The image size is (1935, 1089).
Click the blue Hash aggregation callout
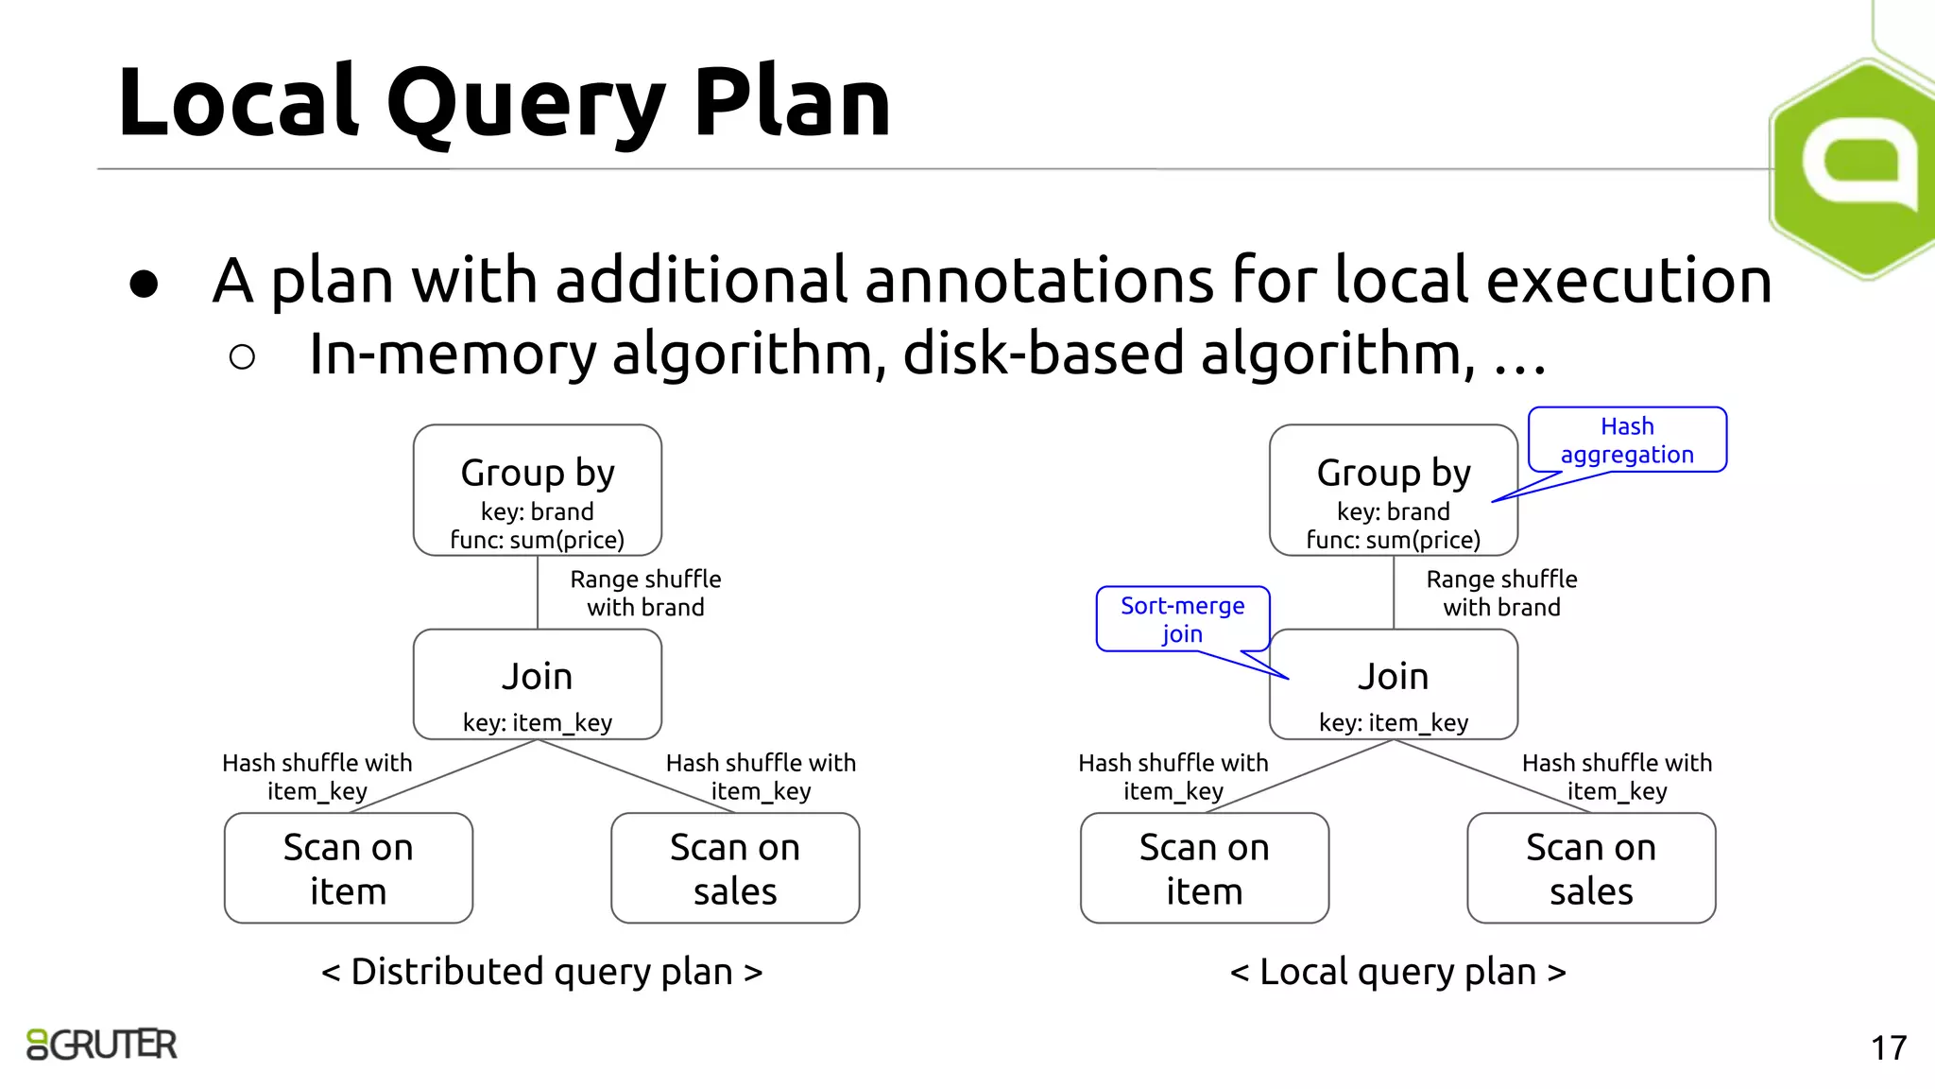1626,441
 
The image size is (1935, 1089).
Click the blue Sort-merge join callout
1182,619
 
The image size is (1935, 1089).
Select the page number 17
1888,1048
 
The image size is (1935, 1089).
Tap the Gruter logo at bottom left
102,1045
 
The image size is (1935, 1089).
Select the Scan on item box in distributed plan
348,868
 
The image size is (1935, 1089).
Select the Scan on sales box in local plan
1590,868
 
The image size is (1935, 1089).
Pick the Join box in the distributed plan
537,684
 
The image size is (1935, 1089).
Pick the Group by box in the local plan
1393,490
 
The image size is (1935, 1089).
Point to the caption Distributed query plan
541,972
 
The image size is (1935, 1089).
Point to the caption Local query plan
1397,972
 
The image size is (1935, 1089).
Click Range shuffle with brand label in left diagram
645,594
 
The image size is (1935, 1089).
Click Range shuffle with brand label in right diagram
1501,594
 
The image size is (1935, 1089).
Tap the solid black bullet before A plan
144,284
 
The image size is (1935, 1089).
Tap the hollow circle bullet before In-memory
242,356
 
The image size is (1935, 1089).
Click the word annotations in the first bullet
1038,281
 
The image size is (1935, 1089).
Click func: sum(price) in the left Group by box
537,540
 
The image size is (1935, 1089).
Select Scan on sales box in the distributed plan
734,868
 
